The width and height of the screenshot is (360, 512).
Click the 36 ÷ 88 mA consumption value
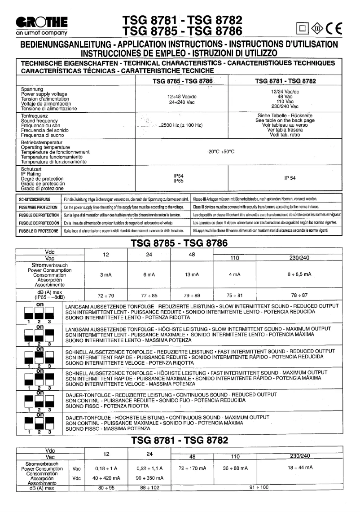coord(234,468)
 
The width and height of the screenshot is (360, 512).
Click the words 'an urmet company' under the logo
coord(41,33)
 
